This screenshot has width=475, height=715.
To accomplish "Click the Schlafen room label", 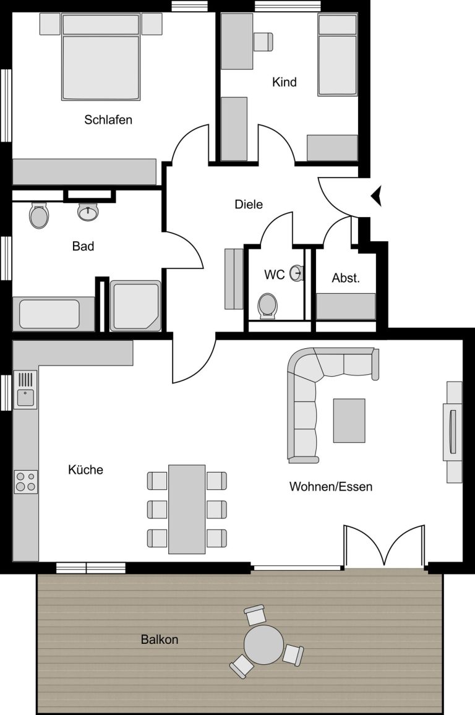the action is (x=108, y=120).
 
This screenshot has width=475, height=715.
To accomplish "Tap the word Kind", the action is (x=285, y=82).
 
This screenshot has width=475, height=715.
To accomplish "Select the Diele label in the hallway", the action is (x=249, y=204).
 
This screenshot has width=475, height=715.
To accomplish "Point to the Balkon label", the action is (x=160, y=640).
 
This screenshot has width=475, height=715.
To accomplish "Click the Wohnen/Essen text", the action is (x=331, y=487).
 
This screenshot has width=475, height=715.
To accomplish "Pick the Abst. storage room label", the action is (x=346, y=278).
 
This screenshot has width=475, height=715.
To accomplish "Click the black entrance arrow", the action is (x=377, y=197).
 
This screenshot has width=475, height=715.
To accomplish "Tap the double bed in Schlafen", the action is (x=101, y=57).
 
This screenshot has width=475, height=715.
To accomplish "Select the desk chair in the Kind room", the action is (x=263, y=41).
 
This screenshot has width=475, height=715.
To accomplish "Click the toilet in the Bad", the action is (x=39, y=215).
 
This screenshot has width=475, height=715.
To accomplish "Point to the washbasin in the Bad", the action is (x=88, y=212).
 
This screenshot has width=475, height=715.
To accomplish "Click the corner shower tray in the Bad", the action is (x=135, y=306).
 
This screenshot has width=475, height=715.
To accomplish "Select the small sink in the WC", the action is (x=297, y=273).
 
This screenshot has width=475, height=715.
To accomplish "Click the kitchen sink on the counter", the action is (x=25, y=390).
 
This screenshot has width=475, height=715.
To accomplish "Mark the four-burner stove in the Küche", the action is (x=26, y=482).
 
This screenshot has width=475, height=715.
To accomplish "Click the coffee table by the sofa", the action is (x=349, y=421).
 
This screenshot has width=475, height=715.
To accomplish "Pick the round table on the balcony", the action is (x=264, y=645).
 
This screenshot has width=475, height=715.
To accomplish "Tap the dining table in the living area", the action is (x=187, y=510).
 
